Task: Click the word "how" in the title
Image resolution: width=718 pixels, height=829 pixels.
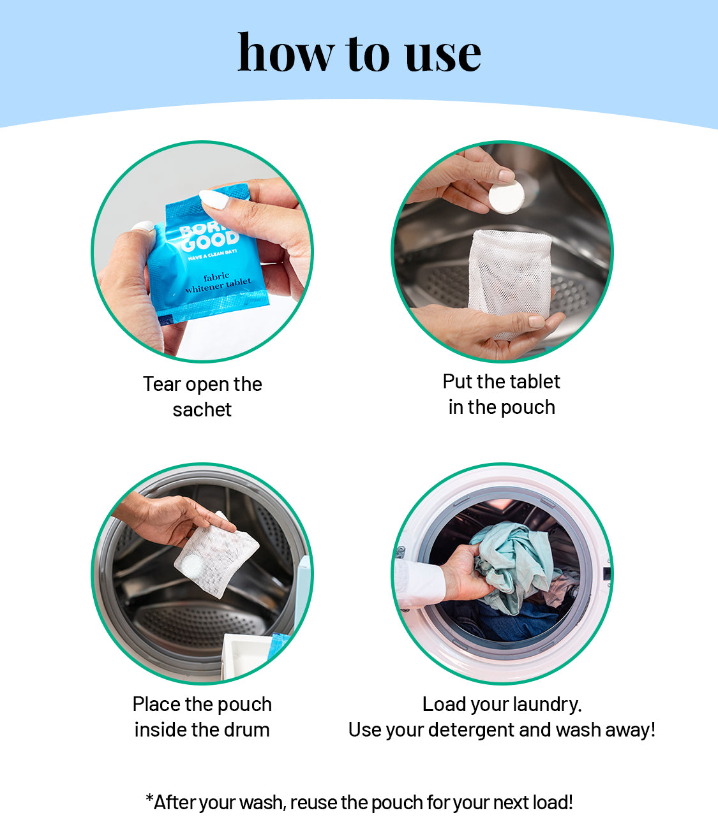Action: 286,52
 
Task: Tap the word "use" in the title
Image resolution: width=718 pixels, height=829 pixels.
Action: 443,56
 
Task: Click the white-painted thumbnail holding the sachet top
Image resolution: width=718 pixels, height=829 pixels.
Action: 214,200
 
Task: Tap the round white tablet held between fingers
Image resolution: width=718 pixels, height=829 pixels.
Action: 507,197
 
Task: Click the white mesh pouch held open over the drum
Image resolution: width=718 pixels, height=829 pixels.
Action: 510,281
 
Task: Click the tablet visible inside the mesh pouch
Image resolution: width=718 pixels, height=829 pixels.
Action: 192,566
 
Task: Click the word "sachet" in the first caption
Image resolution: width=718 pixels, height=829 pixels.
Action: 202,410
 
